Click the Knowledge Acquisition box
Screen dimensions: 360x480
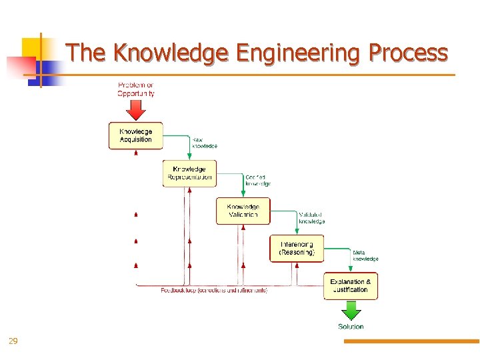click(135, 135)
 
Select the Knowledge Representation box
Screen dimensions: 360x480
click(189, 173)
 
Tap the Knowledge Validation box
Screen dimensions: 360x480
click(243, 211)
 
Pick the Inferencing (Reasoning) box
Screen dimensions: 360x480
click(297, 249)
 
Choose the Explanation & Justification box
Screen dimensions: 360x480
click(351, 286)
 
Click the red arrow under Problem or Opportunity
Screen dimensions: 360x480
click(135, 109)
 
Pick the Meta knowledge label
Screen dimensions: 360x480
click(365, 255)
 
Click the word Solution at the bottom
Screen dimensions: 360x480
click(351, 327)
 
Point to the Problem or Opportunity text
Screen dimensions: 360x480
click(135, 89)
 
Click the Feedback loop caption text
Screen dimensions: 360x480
click(214, 291)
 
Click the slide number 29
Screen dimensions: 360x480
click(13, 341)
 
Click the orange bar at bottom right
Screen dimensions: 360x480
click(411, 341)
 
